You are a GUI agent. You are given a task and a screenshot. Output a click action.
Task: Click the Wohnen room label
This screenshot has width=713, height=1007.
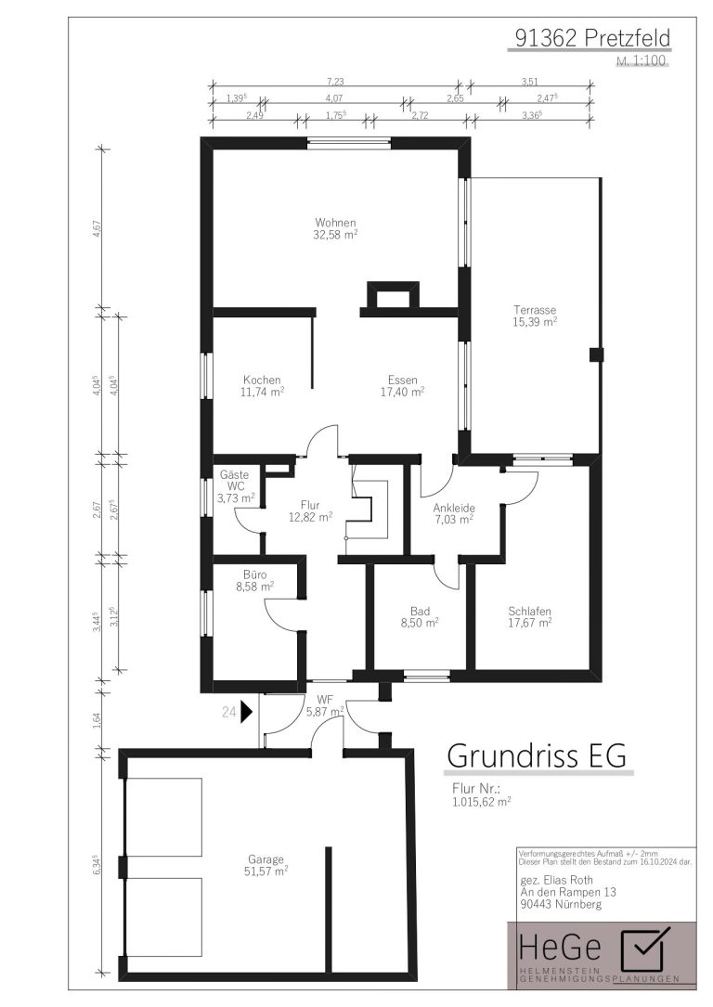pos(335,223)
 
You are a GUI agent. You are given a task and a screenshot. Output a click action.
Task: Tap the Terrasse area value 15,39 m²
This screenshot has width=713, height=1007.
pos(535,322)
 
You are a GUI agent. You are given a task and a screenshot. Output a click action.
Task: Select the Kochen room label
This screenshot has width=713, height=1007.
pos(262,380)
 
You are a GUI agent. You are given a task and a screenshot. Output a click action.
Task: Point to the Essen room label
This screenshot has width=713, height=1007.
pos(403,380)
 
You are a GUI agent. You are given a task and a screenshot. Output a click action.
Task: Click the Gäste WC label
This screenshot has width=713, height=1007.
pos(235,481)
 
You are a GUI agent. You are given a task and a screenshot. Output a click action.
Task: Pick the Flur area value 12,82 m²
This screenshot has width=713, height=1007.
pos(310,517)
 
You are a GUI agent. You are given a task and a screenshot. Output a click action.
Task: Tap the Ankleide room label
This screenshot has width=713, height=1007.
pos(453,508)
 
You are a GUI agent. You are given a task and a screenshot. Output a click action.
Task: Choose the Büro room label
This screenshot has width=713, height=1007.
pos(255,575)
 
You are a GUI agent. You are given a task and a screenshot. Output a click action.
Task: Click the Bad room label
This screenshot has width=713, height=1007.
pos(420,611)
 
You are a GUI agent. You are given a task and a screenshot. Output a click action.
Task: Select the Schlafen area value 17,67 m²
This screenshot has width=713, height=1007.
pos(530,623)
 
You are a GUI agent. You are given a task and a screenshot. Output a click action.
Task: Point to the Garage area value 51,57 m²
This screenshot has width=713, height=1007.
pos(266,871)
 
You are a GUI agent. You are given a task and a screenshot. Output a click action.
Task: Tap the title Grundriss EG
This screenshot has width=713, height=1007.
pos(537,755)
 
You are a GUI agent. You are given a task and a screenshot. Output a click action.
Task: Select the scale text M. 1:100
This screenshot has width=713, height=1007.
pos(642,61)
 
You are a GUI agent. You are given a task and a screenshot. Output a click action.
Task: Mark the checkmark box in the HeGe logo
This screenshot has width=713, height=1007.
pos(643,948)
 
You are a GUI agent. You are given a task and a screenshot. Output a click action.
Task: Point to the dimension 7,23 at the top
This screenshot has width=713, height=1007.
pos(335,82)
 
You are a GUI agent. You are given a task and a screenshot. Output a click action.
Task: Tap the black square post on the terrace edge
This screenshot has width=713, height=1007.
pos(597,354)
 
